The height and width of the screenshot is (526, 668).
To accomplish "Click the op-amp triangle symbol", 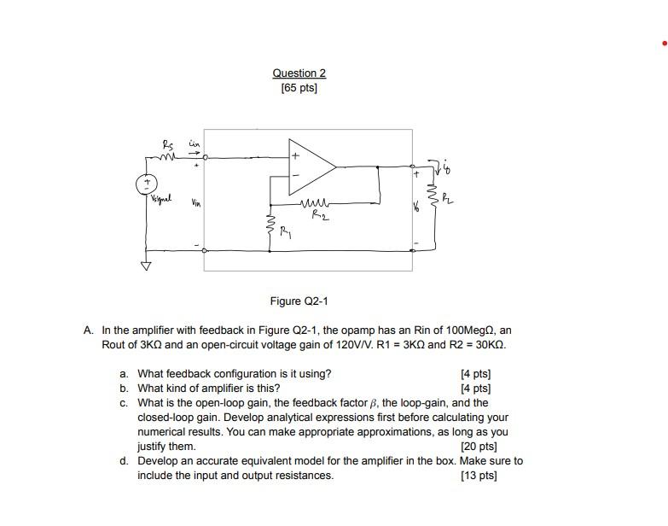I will coord(312,167).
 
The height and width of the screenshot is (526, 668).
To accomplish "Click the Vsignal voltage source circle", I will coord(146,183).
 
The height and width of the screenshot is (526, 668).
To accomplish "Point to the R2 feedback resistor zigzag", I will coord(314,205).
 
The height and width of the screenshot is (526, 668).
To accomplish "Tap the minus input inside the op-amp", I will coord(296,176).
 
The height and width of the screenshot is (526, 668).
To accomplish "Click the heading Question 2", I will coord(299,73).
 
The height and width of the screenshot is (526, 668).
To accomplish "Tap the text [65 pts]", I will coord(299,88).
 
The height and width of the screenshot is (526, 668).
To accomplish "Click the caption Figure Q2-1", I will coord(299,301).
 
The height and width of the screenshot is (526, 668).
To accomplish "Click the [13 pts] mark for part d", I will coord(478,476).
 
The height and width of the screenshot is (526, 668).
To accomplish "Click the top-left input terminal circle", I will coord(205,157).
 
